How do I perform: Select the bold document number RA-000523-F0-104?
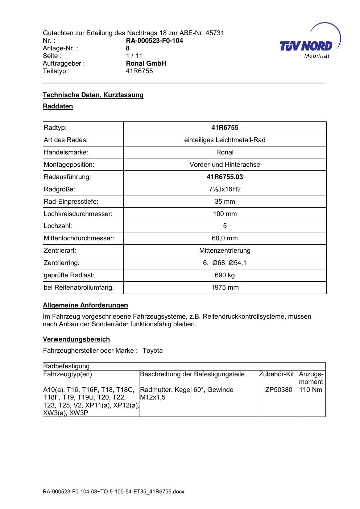154,41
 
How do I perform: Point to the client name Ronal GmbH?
146,63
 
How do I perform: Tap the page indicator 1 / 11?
134,56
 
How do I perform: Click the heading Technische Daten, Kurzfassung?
93,95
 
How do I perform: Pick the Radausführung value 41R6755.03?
225,177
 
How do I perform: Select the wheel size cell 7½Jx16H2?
225,189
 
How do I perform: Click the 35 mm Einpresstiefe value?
225,202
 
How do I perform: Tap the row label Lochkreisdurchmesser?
78,214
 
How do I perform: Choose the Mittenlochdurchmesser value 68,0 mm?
225,238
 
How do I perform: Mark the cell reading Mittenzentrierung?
225,251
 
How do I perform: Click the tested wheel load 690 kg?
225,275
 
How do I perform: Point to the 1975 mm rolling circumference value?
225,287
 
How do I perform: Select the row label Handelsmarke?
66,152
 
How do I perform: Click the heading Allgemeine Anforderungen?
85,305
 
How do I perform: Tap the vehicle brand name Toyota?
153,351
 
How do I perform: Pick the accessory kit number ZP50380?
279,390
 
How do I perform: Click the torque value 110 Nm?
311,390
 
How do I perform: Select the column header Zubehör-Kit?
276,374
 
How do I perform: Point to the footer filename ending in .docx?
113,492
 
